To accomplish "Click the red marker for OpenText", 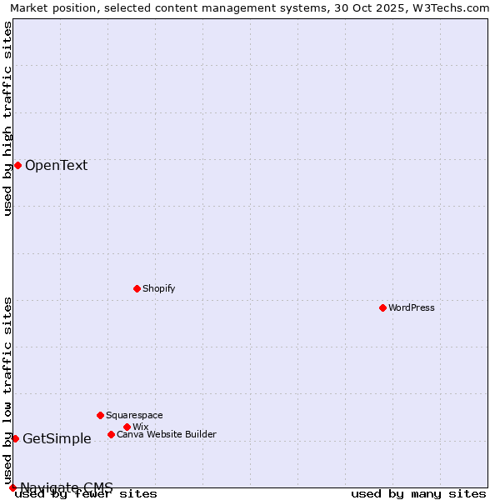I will coord(17,165).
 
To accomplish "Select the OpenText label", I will coord(56,165).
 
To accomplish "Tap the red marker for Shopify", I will coord(137,288).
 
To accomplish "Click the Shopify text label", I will coord(158,288).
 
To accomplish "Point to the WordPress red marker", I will coord(382,307).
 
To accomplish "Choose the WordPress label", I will coord(411,307).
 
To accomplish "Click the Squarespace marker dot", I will coord(100,415).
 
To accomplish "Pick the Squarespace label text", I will coord(134,415).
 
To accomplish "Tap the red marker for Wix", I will coord(127,427).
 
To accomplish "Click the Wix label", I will coord(140,427).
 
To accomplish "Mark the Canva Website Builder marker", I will coord(111,434).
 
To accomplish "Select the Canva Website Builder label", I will coord(166,434).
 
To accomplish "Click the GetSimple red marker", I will coord(15,438).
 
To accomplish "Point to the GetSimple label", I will coord(57,439).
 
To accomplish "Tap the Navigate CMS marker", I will coord(12,487).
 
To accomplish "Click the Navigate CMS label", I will coord(67,487).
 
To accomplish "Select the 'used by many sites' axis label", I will coord(418,493).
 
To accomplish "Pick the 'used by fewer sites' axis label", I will coord(86,493).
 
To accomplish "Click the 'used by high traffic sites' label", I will coord(7,118).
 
